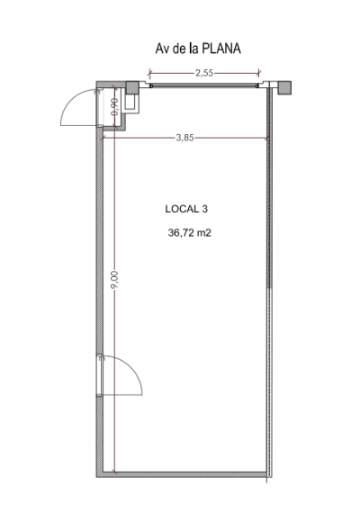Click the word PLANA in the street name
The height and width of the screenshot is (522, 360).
[x=221, y=49]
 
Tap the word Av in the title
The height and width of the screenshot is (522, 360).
[x=162, y=49]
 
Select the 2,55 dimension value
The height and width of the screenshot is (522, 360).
[x=204, y=73]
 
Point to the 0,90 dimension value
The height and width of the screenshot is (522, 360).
[x=114, y=107]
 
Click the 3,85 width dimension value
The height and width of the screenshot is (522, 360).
[x=184, y=138]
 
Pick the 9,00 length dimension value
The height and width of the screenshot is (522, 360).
[x=114, y=280]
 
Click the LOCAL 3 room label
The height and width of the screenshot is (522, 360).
[x=186, y=209]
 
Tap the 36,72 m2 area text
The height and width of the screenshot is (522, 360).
[x=190, y=233]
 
